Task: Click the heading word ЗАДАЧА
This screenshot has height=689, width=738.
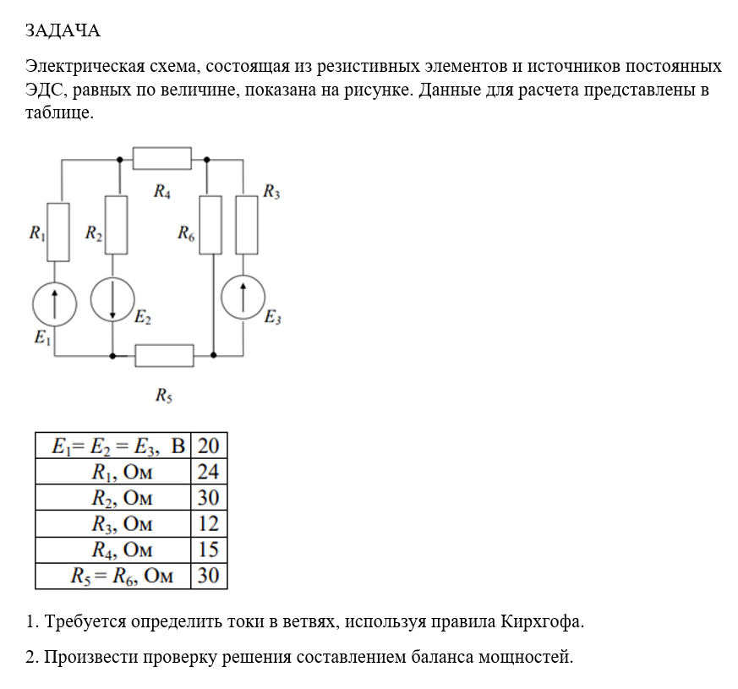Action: click(x=63, y=31)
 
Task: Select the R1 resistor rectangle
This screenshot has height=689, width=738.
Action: click(x=57, y=231)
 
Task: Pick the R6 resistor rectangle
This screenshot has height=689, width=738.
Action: click(x=210, y=224)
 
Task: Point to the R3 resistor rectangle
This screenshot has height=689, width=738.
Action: click(x=246, y=224)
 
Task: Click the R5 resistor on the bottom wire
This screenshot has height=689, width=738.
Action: click(x=164, y=355)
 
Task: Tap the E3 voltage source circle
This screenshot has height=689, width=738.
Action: click(x=243, y=297)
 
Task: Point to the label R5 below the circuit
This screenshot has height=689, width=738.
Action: click(x=164, y=394)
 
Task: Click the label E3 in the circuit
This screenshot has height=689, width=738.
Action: click(x=272, y=319)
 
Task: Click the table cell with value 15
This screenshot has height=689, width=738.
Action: click(x=208, y=550)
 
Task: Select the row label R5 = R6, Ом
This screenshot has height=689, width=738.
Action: click(x=123, y=577)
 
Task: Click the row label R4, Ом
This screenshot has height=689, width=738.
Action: click(x=123, y=550)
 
